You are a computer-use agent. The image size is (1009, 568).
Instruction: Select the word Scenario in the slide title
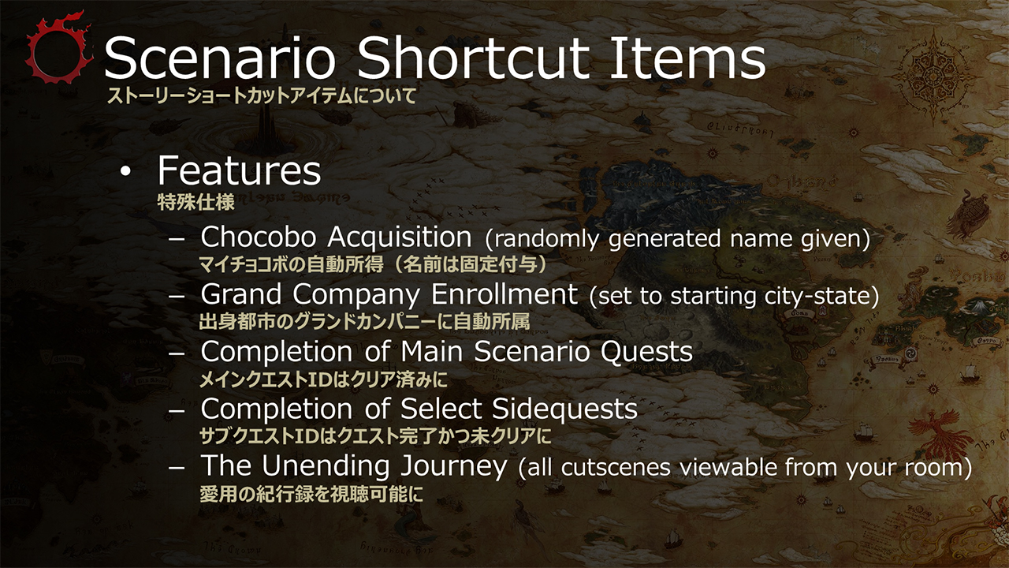[220, 58]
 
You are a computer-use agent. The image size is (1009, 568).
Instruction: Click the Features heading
[239, 170]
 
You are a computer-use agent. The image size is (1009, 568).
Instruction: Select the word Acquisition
[400, 237]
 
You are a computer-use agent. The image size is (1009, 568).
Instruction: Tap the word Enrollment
[504, 294]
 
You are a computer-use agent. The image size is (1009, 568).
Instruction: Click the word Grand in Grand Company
[241, 294]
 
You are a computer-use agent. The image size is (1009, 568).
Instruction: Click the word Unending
[326, 465]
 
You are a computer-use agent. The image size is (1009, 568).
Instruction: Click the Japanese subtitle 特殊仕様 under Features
[196, 203]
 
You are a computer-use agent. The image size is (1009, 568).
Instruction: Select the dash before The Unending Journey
[177, 467]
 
